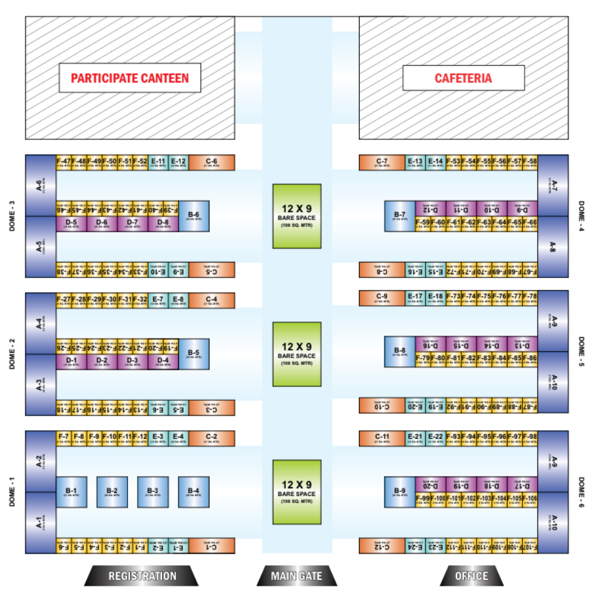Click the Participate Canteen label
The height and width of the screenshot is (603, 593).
[129, 78]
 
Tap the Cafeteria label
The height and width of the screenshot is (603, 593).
[463, 78]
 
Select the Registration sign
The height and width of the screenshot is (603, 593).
[142, 576]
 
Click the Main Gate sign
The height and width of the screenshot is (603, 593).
[296, 576]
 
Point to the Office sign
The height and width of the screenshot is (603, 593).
[472, 576]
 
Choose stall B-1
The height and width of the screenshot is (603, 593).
[71, 492]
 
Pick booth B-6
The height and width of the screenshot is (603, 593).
[193, 216]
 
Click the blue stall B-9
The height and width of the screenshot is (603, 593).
[400, 492]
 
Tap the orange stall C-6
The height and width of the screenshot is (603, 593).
[212, 162]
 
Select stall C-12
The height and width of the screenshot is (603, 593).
[382, 546]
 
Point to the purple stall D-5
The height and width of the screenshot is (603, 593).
[71, 224]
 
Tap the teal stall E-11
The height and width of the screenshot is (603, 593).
[158, 162]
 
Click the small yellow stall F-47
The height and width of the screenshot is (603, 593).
[63, 162]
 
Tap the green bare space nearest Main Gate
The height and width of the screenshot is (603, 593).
[297, 492]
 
